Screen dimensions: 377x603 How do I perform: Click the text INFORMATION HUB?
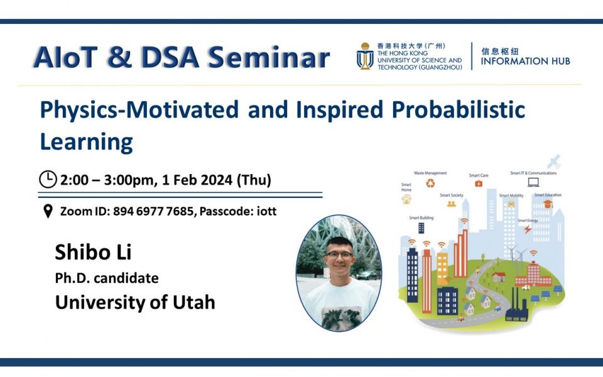(526, 62)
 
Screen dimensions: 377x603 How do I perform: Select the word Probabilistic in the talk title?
(459, 109)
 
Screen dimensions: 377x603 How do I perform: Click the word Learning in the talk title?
(86, 141)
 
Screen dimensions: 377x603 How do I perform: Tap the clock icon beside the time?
(48, 180)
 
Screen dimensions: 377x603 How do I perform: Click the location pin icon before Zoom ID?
(48, 212)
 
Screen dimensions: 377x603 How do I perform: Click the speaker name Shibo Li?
(93, 252)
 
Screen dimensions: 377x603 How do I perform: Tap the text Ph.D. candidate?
(107, 278)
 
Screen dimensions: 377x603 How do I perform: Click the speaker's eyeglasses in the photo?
(339, 255)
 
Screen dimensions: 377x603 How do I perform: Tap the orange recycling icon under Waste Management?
(430, 183)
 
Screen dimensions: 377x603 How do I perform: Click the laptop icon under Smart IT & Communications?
(533, 183)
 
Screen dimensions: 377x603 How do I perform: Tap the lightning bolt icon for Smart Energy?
(527, 229)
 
